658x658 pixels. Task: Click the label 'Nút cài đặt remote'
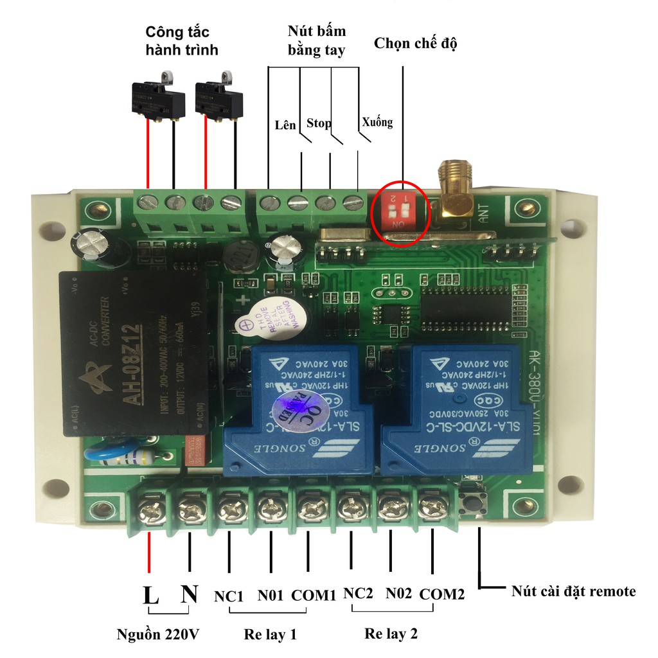[573, 591]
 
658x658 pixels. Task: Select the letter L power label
[150, 594]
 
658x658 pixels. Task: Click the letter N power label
[189, 594]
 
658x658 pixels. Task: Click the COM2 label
[441, 595]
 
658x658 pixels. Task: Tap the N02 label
[398, 594]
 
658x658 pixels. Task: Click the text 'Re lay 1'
[270, 635]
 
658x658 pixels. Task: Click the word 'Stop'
[319, 122]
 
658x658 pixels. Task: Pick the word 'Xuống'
[377, 121]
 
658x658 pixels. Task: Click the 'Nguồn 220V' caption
[158, 635]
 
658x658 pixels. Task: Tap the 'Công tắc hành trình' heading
[181, 40]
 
